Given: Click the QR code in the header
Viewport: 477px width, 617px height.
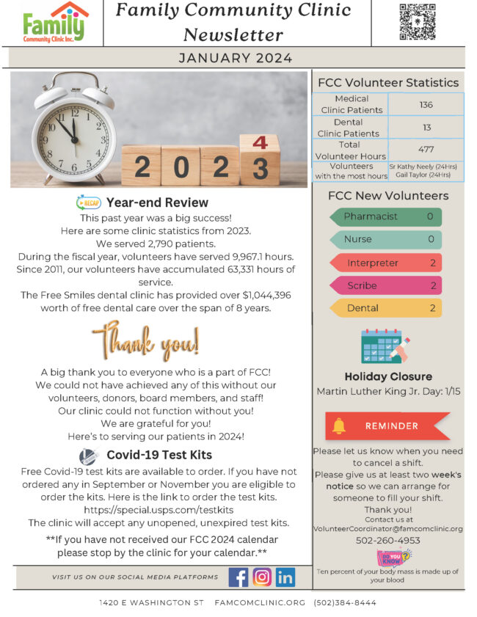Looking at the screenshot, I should pyautogui.click(x=418, y=22).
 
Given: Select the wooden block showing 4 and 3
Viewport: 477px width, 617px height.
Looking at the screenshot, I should pyautogui.click(x=259, y=159).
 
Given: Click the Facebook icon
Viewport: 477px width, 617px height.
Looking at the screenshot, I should pyautogui.click(x=238, y=577).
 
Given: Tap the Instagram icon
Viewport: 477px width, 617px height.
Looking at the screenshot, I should pyautogui.click(x=262, y=577).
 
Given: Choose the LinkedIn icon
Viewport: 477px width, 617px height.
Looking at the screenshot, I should pyautogui.click(x=285, y=577).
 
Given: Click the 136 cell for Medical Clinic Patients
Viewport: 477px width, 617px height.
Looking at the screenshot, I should pyautogui.click(x=426, y=105).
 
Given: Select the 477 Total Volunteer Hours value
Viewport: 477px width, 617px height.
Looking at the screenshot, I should pyautogui.click(x=426, y=150).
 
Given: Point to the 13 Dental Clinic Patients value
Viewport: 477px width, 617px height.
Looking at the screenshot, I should pyautogui.click(x=426, y=128).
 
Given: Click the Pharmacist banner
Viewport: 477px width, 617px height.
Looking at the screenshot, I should pyautogui.click(x=386, y=217).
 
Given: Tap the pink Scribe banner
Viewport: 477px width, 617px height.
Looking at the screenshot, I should pyautogui.click(x=386, y=285).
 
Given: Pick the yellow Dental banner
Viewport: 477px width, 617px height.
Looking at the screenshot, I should pyautogui.click(x=386, y=308).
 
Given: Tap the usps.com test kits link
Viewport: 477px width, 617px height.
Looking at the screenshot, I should pyautogui.click(x=159, y=509).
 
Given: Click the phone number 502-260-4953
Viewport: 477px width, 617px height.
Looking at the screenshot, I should pyautogui.click(x=388, y=540).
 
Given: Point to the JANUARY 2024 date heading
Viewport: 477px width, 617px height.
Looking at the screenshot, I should pyautogui.click(x=236, y=59).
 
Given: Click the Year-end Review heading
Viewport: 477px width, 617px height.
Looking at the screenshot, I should pyautogui.click(x=157, y=202).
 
